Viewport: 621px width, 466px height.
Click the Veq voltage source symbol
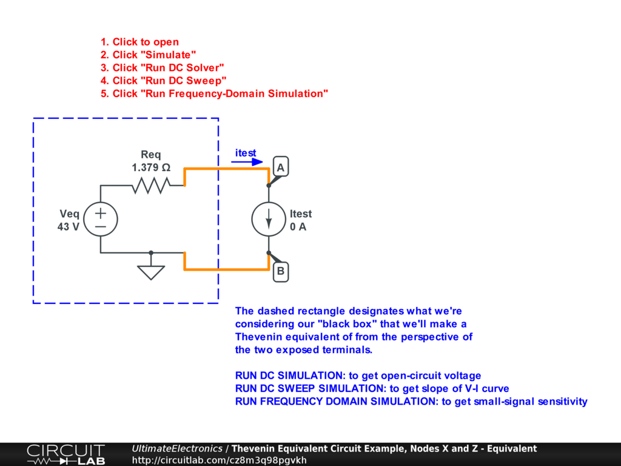100,220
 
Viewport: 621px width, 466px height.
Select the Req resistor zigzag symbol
150,186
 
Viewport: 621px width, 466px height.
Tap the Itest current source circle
269,220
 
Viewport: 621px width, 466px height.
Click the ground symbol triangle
151,271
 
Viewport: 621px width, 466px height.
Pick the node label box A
281,167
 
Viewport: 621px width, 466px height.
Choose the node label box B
281,271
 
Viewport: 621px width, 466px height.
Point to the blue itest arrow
249,162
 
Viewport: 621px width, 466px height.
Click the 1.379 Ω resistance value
151,167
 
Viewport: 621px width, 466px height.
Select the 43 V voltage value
69,227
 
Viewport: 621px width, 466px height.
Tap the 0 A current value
298,227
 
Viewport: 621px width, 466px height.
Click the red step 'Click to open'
140,42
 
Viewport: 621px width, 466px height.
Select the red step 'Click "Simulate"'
149,55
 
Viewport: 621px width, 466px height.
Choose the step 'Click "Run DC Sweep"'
164,81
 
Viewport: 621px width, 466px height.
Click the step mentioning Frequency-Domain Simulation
215,93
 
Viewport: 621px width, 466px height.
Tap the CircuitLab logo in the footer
65,454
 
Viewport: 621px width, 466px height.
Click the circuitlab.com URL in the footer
220,460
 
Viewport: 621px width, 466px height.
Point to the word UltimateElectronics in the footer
177,449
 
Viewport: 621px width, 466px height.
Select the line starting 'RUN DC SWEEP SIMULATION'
372,388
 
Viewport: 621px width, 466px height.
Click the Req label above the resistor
151,155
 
